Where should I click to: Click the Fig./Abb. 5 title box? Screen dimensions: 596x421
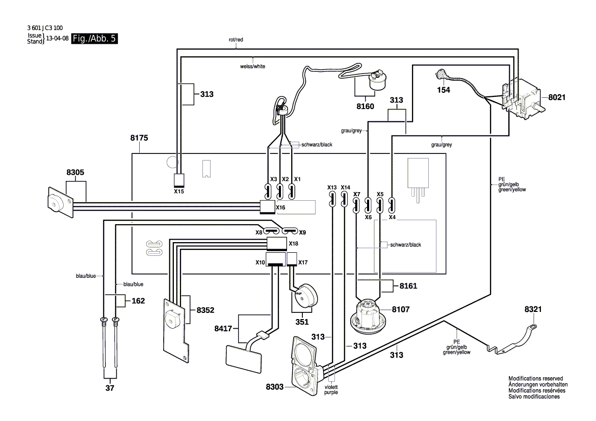pyautogui.click(x=94, y=38)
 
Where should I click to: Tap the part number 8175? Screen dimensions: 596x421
pyautogui.click(x=139, y=138)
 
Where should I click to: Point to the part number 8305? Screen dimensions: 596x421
pyautogui.click(x=75, y=172)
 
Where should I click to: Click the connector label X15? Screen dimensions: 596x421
pyautogui.click(x=178, y=192)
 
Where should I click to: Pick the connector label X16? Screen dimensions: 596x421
pyautogui.click(x=280, y=207)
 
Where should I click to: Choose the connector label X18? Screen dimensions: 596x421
pyautogui.click(x=294, y=244)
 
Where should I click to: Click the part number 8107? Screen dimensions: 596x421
pyautogui.click(x=401, y=310)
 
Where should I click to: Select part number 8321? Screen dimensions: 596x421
pyautogui.click(x=533, y=309)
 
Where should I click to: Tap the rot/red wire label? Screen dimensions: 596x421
pyautogui.click(x=236, y=40)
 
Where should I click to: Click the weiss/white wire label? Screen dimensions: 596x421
pyautogui.click(x=253, y=66)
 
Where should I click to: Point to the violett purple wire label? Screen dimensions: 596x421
pyautogui.click(x=331, y=390)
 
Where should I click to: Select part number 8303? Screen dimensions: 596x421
pyautogui.click(x=275, y=387)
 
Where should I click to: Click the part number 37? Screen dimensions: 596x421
pyautogui.click(x=110, y=388)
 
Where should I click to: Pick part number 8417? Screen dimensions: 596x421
pyautogui.click(x=223, y=328)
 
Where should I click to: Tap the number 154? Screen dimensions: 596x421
pyautogui.click(x=444, y=90)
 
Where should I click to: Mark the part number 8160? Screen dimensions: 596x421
pyautogui.click(x=365, y=107)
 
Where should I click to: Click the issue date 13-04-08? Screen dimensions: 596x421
pyautogui.click(x=58, y=38)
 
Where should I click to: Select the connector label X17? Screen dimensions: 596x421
pyautogui.click(x=303, y=262)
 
